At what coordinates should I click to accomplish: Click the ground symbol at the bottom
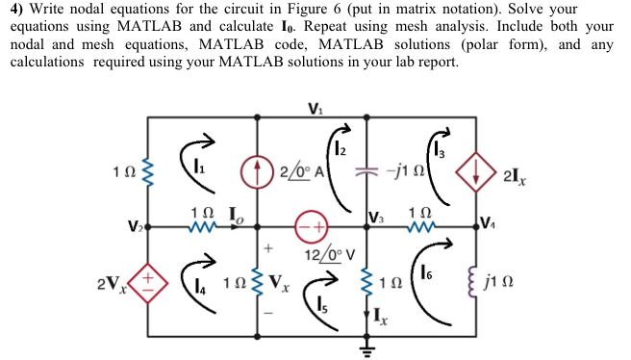(x=366, y=347)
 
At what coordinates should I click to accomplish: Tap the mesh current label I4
(x=198, y=285)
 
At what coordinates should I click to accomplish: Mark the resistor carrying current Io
(x=202, y=228)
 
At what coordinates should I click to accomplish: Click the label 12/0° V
(x=331, y=255)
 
